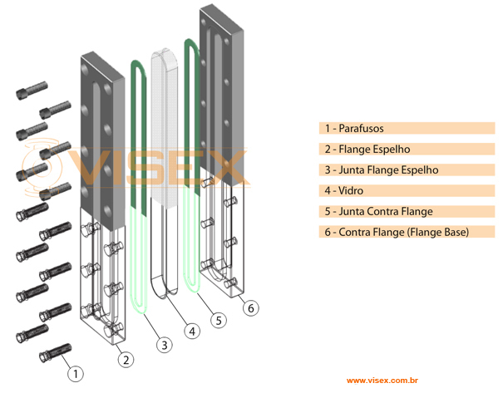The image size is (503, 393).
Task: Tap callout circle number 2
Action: point(125,359)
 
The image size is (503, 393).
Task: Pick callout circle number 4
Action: point(192,331)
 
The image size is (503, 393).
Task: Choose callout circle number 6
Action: point(250,307)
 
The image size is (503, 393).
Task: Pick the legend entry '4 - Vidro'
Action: point(344,191)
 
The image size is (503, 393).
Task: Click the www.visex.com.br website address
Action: point(382,381)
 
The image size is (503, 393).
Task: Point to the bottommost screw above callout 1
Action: point(56,353)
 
